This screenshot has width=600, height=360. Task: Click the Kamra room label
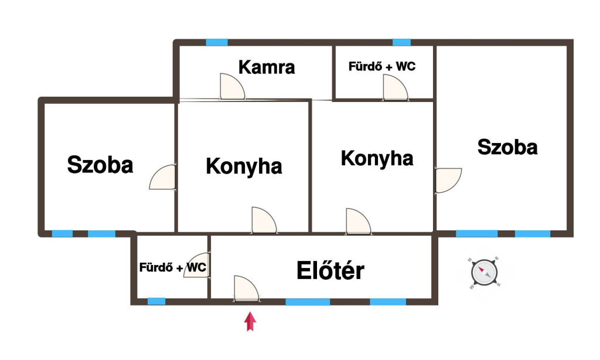coord(267,67)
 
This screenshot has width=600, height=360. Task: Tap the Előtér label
coord(330,270)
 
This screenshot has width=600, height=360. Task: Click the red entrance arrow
coord(251,321)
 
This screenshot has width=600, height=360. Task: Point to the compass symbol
coord(485,273)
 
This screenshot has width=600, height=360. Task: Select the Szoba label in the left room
coord(100,165)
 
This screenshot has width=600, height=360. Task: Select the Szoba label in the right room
coord(507,147)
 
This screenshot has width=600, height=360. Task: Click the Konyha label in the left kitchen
coord(244,167)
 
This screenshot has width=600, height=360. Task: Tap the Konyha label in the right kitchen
coord(377,158)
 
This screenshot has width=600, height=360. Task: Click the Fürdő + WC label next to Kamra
coord(382,66)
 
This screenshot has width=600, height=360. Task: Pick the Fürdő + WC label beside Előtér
coord(172,267)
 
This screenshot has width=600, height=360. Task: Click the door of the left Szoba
coord(163,177)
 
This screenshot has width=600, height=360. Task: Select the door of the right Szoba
coord(448,180)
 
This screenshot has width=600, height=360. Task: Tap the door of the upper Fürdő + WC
coord(394,89)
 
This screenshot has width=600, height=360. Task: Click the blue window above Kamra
coord(217,42)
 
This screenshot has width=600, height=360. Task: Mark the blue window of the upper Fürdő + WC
coord(401,42)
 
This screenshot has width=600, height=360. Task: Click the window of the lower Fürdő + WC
coord(156,301)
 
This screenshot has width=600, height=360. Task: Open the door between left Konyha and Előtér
coord(263,221)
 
